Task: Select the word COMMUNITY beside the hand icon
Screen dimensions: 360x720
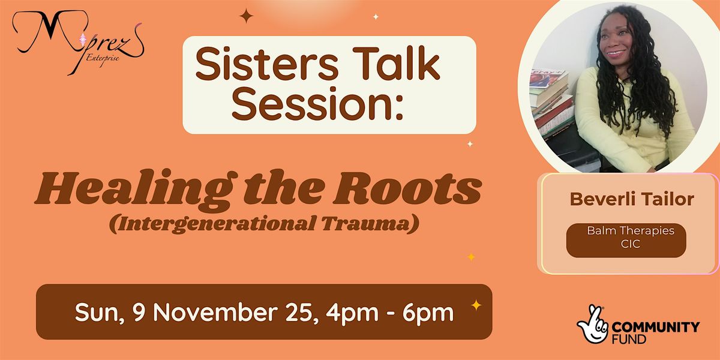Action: (x=656, y=327)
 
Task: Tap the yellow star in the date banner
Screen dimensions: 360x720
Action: (x=476, y=305)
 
